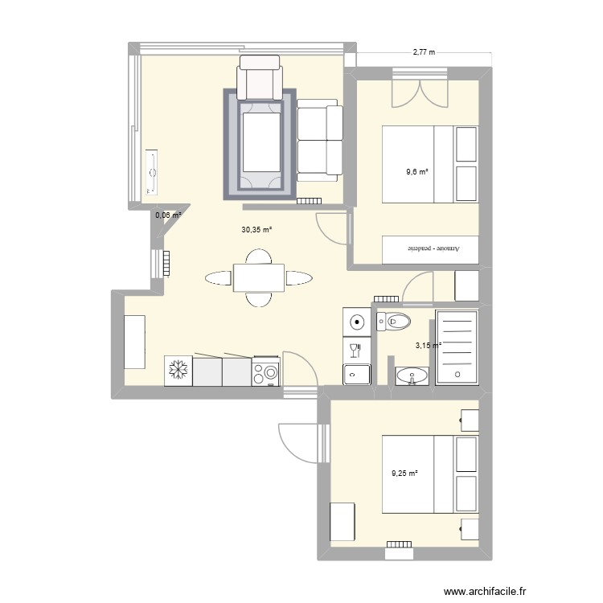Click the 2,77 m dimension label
tap(424, 52)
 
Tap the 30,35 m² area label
tap(256, 230)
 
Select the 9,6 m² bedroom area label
tap(417, 172)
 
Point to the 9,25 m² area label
tap(404, 474)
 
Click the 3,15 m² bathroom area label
tap(428, 346)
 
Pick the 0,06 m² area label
tap(168, 215)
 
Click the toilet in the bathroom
tap(393, 321)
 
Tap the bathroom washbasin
tap(412, 375)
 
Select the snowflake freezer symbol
tap(178, 371)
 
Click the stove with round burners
tap(266, 371)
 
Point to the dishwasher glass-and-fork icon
tap(356, 351)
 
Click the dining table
tap(258, 277)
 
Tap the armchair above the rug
tap(260, 77)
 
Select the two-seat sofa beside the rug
tap(319, 140)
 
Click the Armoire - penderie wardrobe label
tap(433, 248)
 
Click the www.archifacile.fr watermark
tap(485, 591)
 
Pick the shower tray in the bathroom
tap(457, 347)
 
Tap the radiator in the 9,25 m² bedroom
tap(399, 544)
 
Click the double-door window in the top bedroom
tap(420, 88)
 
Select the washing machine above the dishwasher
tap(356, 322)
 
